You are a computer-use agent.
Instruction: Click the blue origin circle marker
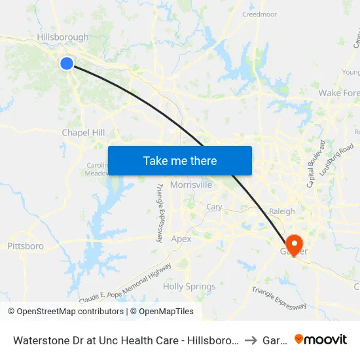pos(67,63)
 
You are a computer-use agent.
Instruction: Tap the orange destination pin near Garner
pos(294,244)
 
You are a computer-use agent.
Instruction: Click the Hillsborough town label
pos(62,37)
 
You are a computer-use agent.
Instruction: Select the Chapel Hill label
pos(83,132)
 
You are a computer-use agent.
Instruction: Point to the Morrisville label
pos(190,185)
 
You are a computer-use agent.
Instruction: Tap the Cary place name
pos(214,207)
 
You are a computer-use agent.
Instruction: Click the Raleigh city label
pos(282,211)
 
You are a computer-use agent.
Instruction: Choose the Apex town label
pos(181,239)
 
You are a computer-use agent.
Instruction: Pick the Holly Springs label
pos(189,287)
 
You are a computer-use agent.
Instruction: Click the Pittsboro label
pos(26,246)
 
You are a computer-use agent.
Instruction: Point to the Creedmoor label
pos(260,14)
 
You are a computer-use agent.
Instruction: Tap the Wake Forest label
pos(338,93)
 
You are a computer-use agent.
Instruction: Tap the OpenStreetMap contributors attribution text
pos(65,312)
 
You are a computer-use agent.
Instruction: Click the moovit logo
pos(321,339)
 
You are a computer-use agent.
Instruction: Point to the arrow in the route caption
pos(250,340)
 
